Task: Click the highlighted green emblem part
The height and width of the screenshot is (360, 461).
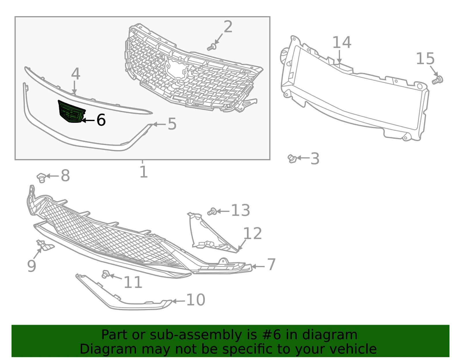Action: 71,111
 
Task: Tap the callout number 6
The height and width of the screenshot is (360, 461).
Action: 101,120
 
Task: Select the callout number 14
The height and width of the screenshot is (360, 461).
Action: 342,42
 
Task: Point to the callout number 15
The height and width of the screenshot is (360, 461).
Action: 425,59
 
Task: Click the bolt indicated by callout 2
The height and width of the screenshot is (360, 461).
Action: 212,47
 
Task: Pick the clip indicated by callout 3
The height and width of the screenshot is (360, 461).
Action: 292,159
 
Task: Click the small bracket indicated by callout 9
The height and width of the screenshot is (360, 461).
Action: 45,245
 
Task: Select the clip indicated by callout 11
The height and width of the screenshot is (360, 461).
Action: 105,274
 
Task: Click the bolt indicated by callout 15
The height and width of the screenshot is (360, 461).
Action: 437,80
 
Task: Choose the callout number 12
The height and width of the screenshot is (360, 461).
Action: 252,233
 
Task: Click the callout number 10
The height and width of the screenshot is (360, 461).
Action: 196,300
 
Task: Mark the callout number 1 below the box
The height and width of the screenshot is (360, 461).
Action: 143,172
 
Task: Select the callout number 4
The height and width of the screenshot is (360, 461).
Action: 75,74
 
